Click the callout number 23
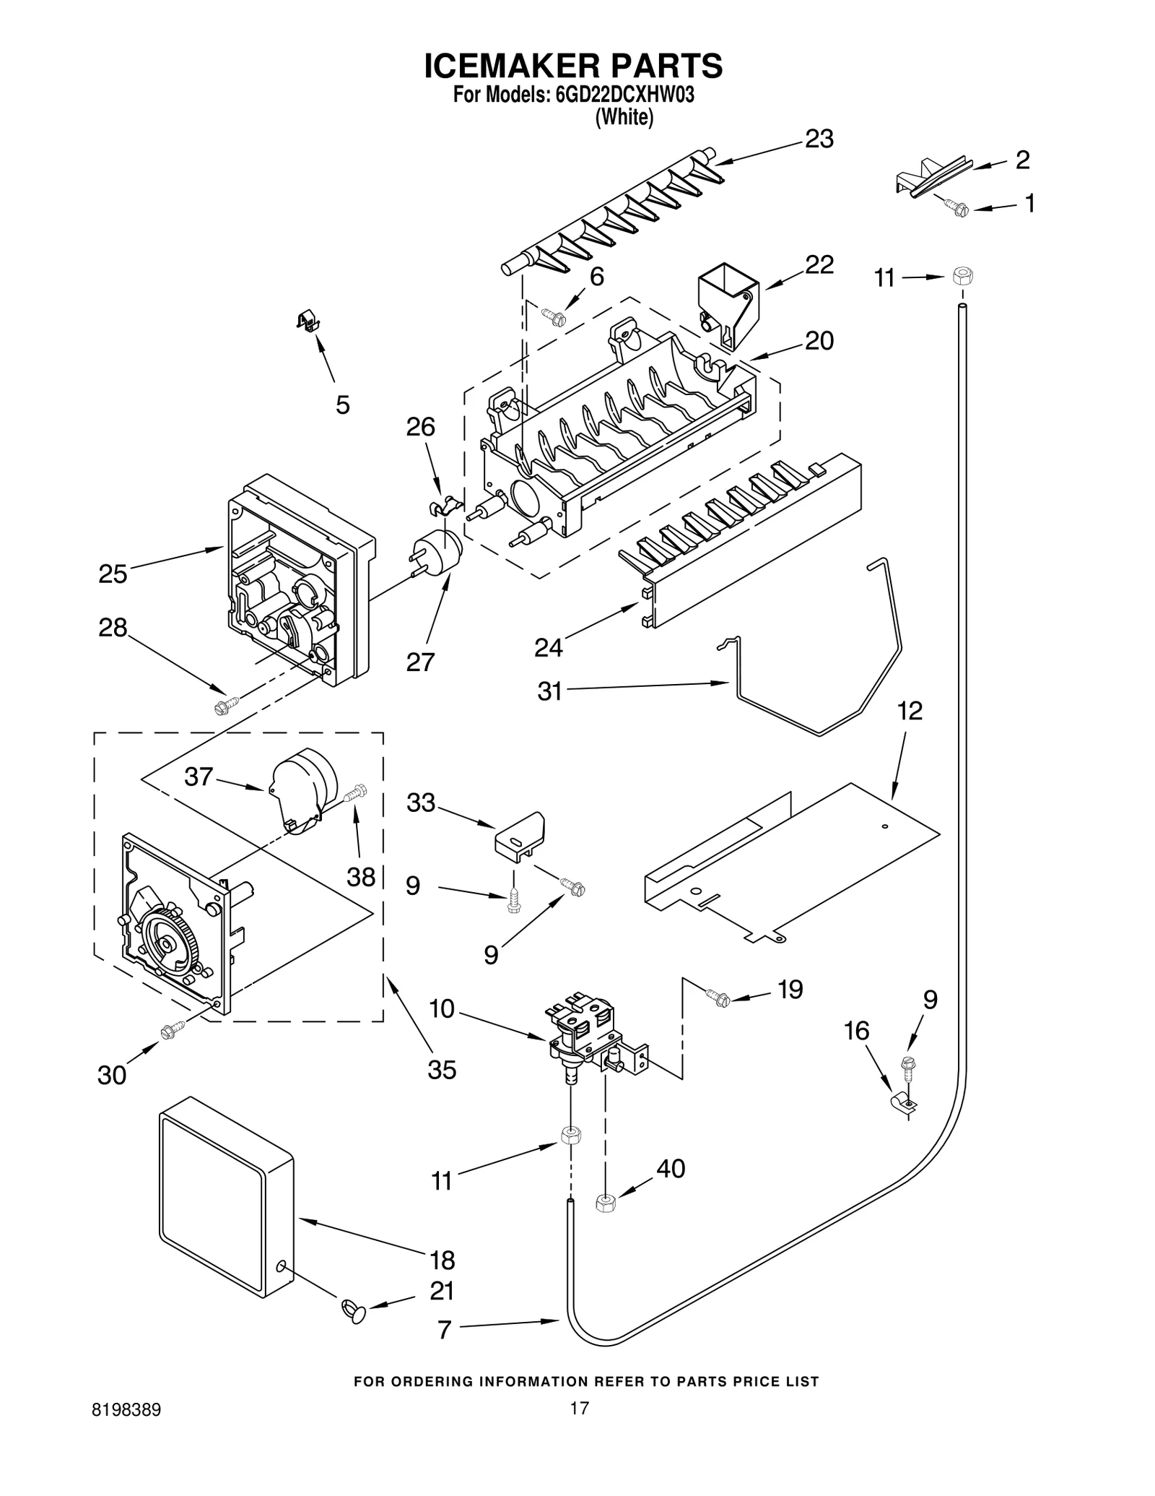coord(819,139)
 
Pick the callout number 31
coord(549,691)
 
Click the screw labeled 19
coord(720,999)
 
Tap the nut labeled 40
coord(605,1203)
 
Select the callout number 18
coord(442,1261)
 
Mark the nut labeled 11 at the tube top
coord(960,276)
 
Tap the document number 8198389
coord(126,1410)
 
